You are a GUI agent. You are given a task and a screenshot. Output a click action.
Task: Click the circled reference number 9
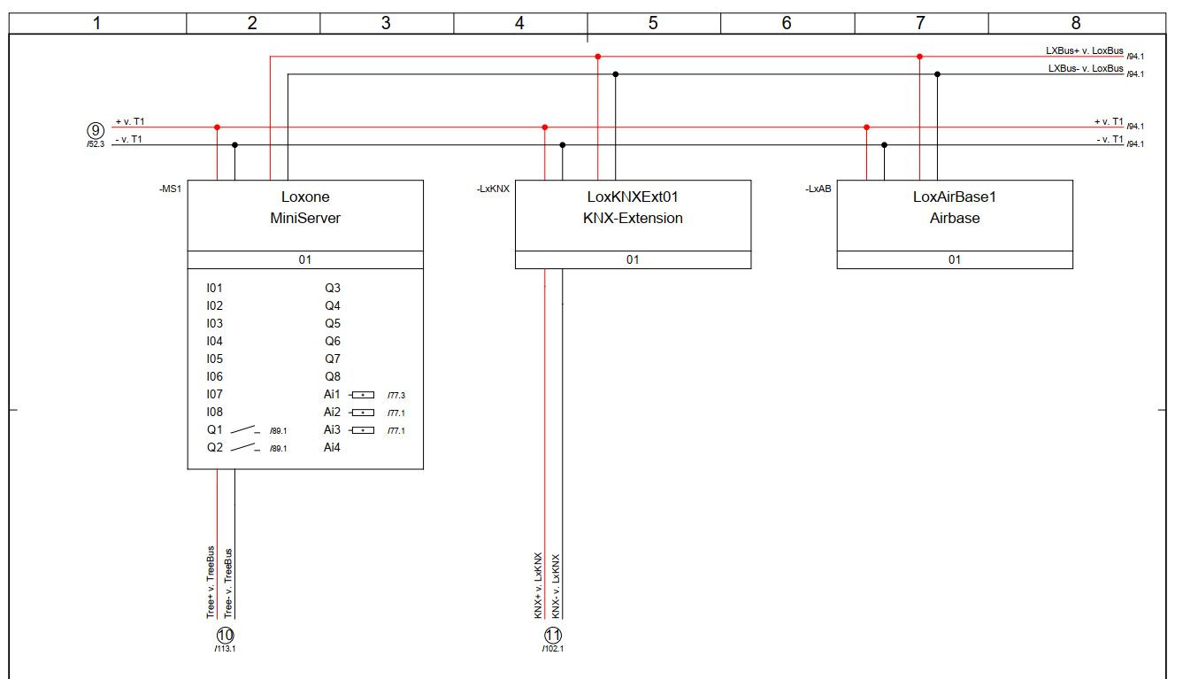click(x=96, y=130)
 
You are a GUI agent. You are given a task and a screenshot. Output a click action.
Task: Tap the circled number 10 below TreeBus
click(x=226, y=635)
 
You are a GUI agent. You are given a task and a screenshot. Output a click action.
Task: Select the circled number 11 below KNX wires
click(x=553, y=635)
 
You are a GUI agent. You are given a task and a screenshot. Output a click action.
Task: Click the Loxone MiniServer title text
click(x=304, y=207)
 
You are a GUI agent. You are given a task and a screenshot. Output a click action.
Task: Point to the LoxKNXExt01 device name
click(x=633, y=197)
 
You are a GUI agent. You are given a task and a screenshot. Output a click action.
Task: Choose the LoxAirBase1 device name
click(x=954, y=197)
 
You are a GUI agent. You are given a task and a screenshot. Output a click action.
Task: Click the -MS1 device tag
click(x=170, y=189)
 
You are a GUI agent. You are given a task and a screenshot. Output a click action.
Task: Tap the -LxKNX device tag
click(x=493, y=189)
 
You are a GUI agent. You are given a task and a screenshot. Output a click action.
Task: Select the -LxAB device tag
click(x=818, y=189)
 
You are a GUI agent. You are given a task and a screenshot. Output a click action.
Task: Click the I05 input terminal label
click(x=214, y=359)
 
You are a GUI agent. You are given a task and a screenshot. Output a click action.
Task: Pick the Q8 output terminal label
click(x=333, y=376)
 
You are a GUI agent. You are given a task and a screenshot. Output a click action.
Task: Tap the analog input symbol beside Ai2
click(x=362, y=413)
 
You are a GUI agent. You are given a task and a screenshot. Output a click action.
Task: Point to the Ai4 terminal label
click(x=332, y=447)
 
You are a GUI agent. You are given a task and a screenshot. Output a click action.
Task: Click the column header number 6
click(x=787, y=24)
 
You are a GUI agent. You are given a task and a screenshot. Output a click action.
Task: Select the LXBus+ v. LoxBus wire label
click(x=1084, y=51)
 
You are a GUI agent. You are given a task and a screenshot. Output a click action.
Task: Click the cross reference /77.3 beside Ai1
click(x=396, y=396)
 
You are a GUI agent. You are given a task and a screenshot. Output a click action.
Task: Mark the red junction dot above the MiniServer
click(x=217, y=127)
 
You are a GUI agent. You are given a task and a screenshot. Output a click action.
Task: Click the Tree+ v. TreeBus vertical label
click(x=211, y=582)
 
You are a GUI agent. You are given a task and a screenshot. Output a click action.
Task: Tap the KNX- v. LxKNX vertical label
click(x=556, y=586)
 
